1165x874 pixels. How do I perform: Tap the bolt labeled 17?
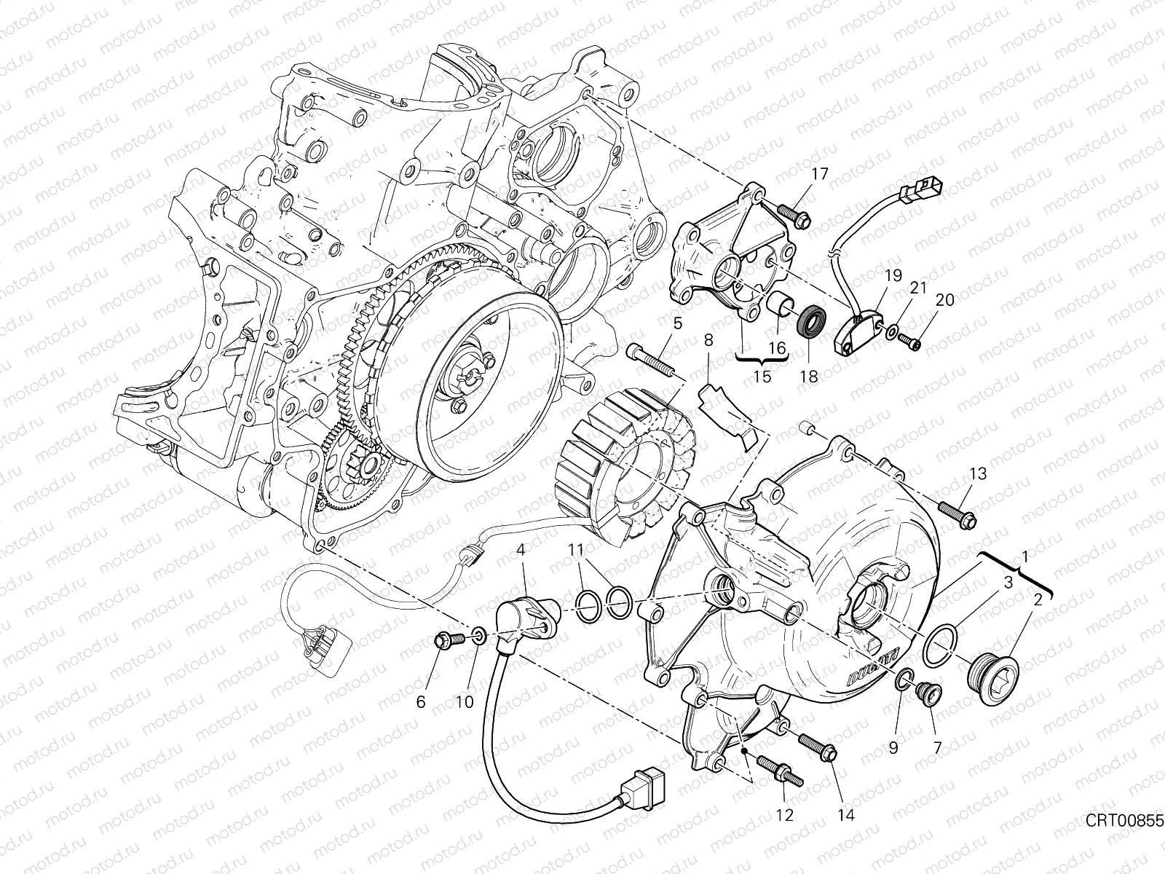click(x=793, y=213)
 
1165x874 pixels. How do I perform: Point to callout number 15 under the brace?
click(x=762, y=378)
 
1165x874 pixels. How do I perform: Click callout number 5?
click(x=677, y=323)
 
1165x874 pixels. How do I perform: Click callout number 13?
click(x=977, y=474)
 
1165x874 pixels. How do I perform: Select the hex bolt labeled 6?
click(x=448, y=641)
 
